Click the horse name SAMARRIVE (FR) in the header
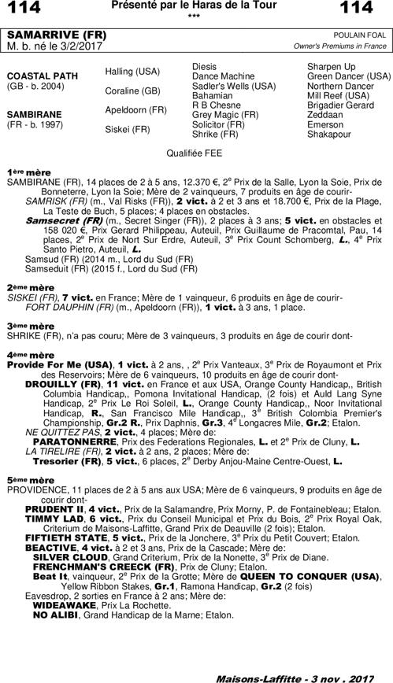coord(45,35)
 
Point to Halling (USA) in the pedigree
coord(132,72)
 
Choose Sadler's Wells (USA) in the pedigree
coord(234,85)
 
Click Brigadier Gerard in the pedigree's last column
coord(340,105)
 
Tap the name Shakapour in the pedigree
coord(329,134)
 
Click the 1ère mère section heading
coord(24,171)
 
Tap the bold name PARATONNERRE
coord(76,443)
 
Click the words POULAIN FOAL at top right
coord(362,35)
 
